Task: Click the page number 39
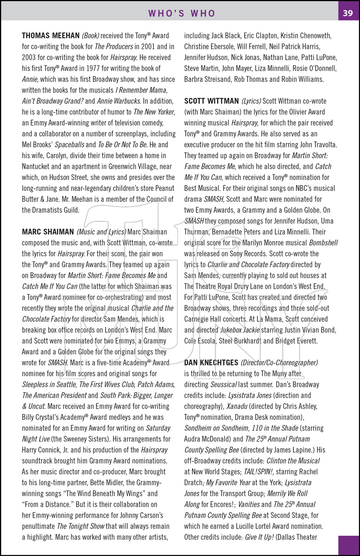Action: coord(348,13)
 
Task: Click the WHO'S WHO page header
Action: coord(182,13)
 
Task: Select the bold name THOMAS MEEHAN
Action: coord(51,36)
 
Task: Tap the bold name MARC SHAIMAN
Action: coord(48,232)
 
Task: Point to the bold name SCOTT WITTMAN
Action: coord(212,101)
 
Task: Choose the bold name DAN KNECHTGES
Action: coord(211,363)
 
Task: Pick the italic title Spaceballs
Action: coord(70,145)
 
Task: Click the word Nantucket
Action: coord(36,167)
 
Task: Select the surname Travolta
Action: coord(323,145)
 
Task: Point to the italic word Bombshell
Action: coord(323,243)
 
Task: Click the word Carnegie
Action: coord(198,320)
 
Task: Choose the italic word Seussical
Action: coord(224,385)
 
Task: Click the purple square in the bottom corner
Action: coord(349,545)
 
